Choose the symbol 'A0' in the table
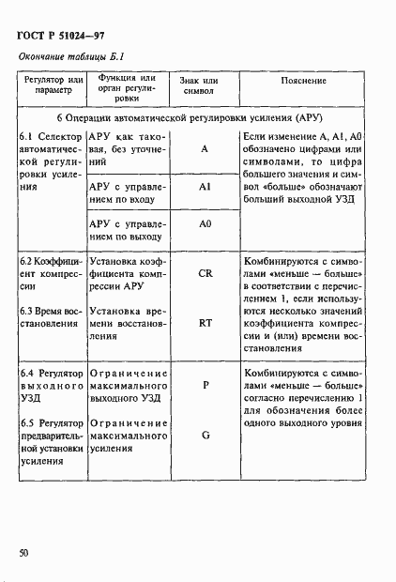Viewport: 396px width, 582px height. [x=205, y=224]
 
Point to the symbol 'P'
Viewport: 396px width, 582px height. [x=205, y=384]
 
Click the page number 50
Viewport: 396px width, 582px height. [x=23, y=553]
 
